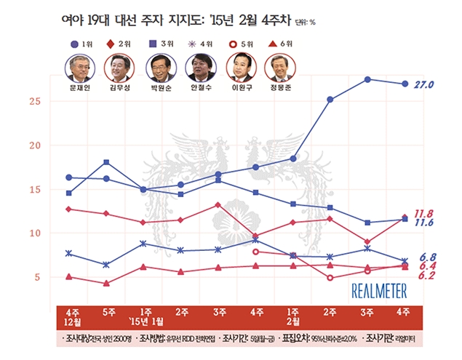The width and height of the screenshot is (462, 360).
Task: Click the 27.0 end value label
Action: click(x=423, y=84)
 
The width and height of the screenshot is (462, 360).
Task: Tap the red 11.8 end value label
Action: click(x=425, y=214)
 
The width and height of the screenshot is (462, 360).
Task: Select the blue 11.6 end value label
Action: click(x=425, y=223)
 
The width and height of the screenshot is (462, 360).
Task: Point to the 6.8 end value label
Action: click(x=429, y=257)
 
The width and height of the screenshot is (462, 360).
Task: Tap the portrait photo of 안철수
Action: click(x=199, y=69)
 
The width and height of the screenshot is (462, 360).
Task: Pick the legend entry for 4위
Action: click(x=199, y=45)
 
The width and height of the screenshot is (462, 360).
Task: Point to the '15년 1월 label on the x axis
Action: click(x=145, y=322)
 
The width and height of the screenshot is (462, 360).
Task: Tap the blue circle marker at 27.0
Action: click(x=405, y=84)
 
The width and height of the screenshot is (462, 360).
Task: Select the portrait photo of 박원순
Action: click(x=157, y=69)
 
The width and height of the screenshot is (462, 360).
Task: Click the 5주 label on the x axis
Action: click(x=107, y=312)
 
